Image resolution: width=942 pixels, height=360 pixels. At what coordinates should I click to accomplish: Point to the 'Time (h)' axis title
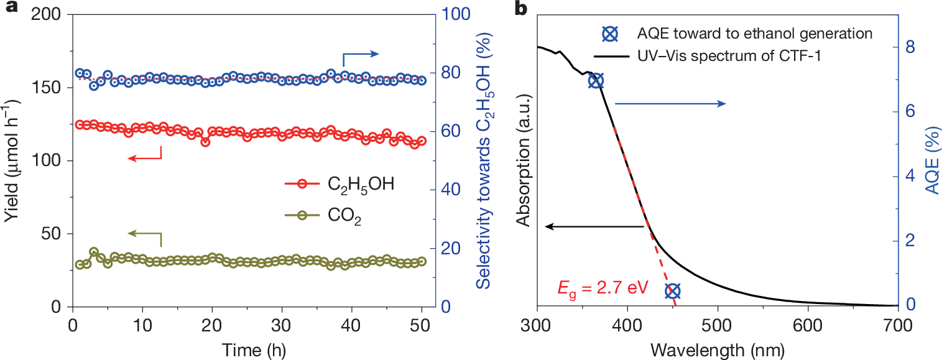247,349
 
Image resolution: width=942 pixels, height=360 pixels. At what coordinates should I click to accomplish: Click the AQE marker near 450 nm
672,290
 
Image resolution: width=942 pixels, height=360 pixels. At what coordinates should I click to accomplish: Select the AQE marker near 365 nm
596,81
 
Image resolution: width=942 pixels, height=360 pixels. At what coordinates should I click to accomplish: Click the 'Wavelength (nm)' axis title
717,349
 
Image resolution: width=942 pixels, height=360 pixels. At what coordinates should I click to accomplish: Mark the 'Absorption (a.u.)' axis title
524,160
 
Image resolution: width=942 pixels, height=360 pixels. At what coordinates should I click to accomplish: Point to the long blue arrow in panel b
670,104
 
